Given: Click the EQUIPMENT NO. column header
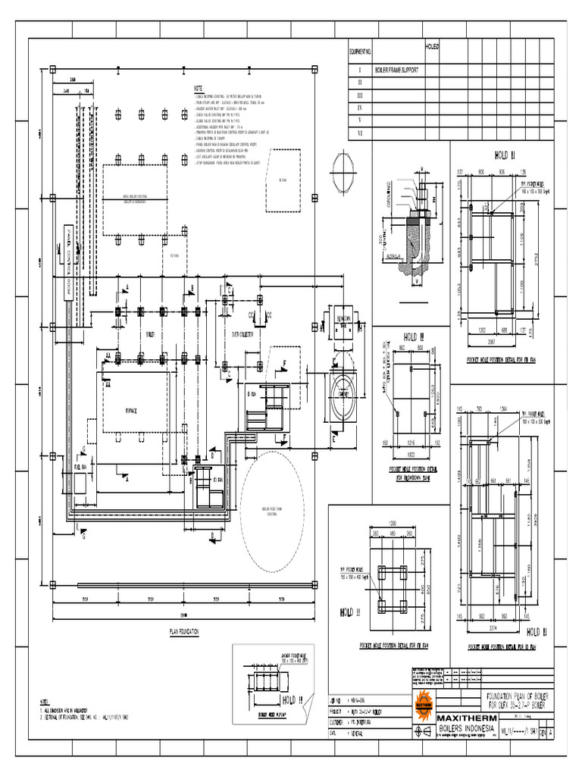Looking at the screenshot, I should click(360, 52).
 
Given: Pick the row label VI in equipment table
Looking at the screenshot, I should click(360, 133).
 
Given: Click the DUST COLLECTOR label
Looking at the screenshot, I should click(241, 333).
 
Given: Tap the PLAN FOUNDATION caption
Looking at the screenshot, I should click(184, 630).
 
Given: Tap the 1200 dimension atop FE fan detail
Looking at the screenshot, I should click(393, 524).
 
